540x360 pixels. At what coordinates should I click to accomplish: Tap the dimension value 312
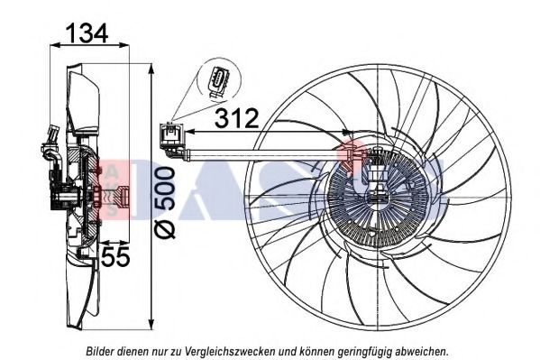(236, 117)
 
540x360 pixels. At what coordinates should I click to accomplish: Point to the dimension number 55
(115, 257)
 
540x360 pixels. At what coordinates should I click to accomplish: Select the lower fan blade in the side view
(86, 289)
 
